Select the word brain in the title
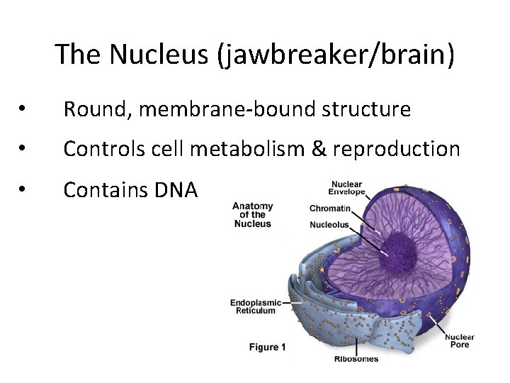418,54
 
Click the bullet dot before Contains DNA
23,189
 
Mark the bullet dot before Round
23,109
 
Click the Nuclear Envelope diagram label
347,188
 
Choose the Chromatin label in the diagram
329,209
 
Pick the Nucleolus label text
329,225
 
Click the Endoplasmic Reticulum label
256,306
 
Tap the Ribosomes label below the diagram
356,359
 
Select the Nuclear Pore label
460,341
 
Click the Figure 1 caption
267,348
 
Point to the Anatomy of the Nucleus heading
253,215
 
